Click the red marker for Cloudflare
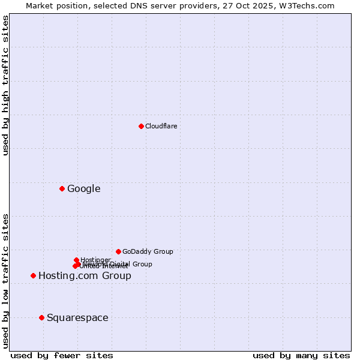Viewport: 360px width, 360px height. [x=141, y=126]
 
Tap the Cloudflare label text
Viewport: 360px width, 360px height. [x=161, y=126]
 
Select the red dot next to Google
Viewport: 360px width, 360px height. [x=62, y=189]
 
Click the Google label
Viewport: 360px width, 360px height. [x=83, y=189]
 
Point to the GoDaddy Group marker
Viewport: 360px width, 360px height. [x=118, y=251]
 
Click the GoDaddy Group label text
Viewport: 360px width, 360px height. [x=148, y=251]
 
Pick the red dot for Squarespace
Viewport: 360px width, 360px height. [x=41, y=317]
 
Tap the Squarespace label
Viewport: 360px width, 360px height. [x=77, y=318]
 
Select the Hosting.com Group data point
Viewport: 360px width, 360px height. [x=33, y=276]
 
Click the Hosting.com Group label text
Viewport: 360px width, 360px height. [x=85, y=276]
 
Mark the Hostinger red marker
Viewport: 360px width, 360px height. [x=76, y=260]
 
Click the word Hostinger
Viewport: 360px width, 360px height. [x=96, y=259]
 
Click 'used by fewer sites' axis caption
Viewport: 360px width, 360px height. [x=62, y=355]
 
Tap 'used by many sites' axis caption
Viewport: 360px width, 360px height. [x=301, y=355]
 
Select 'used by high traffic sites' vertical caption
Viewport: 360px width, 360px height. [x=6, y=85]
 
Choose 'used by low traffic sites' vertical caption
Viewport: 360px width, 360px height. [x=6, y=280]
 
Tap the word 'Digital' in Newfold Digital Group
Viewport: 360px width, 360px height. [x=121, y=264]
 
